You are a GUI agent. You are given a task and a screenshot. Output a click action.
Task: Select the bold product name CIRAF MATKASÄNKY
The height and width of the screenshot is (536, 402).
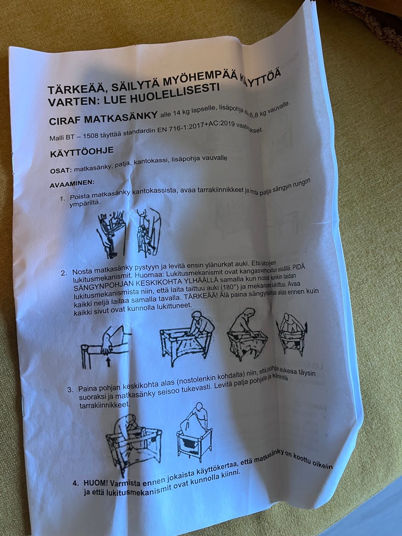(103, 118)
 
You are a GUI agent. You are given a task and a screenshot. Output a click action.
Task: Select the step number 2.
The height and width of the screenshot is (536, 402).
(64, 273)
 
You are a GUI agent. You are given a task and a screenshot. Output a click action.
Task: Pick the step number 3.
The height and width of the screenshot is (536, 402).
(70, 390)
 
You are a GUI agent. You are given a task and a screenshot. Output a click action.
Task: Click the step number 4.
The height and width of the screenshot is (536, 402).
(75, 483)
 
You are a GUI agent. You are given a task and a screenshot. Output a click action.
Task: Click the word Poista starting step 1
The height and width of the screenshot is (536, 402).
(80, 197)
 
